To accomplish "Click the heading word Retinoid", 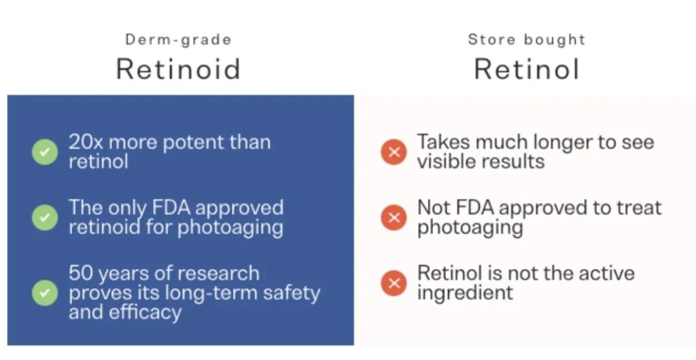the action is [178, 69].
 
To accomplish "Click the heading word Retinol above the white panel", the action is [527, 69].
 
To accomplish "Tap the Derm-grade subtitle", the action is [178, 40].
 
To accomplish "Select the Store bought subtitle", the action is [527, 40].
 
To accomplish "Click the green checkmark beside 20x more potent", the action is [45, 152].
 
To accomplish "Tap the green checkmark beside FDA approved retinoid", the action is [45, 217].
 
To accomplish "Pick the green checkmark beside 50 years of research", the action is [45, 293].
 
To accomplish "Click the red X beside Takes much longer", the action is [394, 152].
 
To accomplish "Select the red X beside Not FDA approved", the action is [394, 217].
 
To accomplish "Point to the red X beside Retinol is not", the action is [394, 283].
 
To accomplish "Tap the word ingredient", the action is [465, 293].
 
